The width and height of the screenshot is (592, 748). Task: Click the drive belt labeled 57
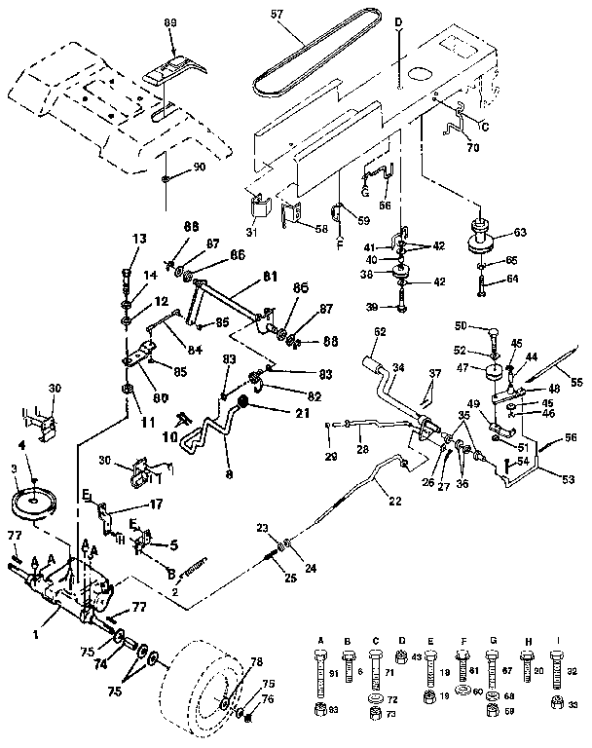tap(321, 58)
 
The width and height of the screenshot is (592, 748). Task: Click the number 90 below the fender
tap(199, 168)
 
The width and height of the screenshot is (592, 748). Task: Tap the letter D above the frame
tap(399, 21)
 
